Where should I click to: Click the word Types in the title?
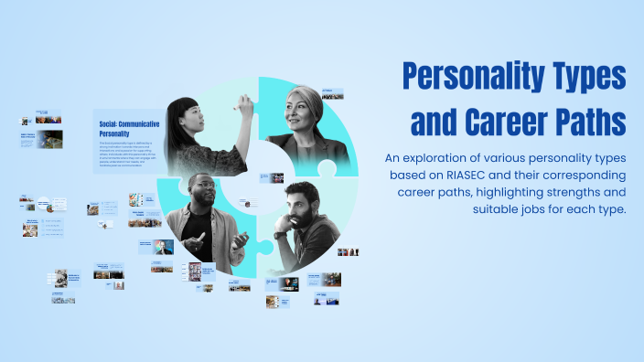coord(581,77)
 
